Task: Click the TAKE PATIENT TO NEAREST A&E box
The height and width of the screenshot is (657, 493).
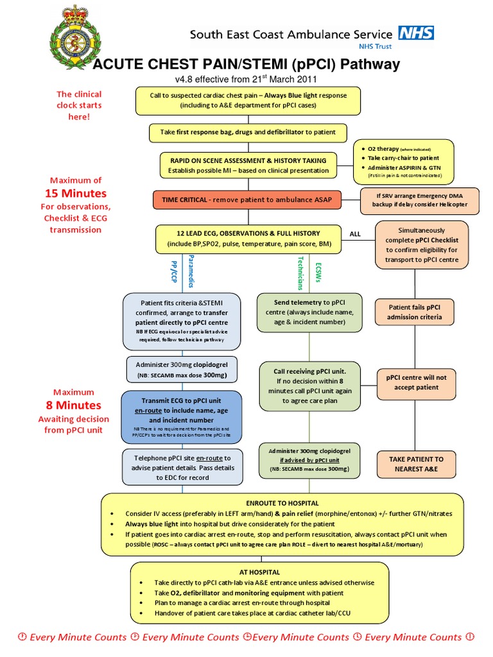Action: click(415, 464)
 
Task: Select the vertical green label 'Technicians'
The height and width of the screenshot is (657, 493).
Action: click(299, 270)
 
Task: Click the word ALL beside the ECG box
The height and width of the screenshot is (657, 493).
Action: click(354, 234)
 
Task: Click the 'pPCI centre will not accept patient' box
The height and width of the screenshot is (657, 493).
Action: click(415, 382)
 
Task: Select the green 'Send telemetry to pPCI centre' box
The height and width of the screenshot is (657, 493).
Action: click(309, 312)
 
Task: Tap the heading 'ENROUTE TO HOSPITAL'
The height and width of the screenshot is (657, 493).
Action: click(282, 503)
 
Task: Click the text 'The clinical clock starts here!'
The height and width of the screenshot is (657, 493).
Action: click(80, 105)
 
